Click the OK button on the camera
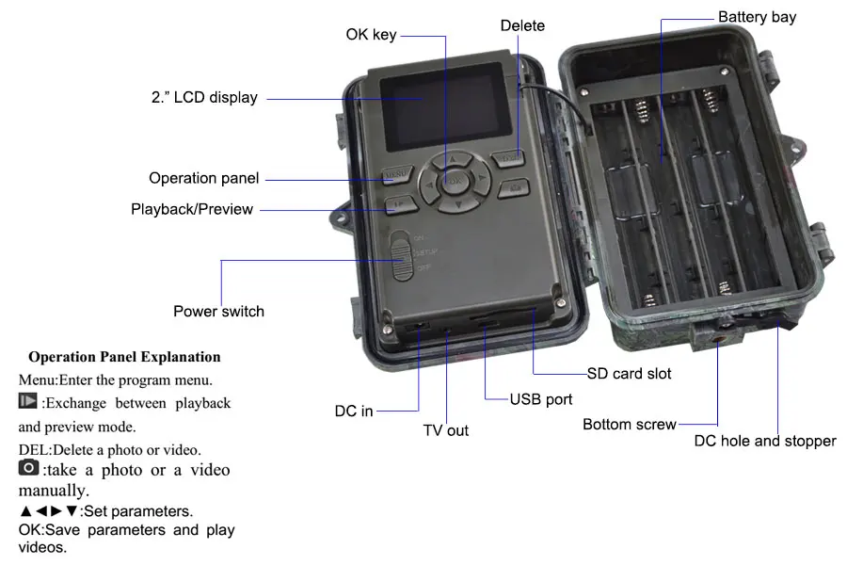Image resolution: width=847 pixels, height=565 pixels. coord(455,179)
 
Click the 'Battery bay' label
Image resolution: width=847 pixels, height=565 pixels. coord(757,17)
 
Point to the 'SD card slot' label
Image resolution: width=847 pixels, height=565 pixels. coord(629,374)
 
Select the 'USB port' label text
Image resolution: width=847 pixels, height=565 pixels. coord(541,399)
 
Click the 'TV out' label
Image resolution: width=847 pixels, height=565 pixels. coord(445,430)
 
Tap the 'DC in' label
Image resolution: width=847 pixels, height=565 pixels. coord(354,412)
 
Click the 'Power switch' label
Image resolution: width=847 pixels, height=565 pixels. coord(218,312)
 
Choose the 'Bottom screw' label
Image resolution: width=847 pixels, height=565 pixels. coord(629,425)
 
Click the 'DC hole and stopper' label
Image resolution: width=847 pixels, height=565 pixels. coord(765,441)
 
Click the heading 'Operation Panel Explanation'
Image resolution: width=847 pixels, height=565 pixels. coord(124,357)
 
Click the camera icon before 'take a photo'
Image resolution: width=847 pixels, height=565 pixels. coord(28,467)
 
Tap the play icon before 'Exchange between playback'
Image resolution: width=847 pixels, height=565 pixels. coord(28,402)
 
